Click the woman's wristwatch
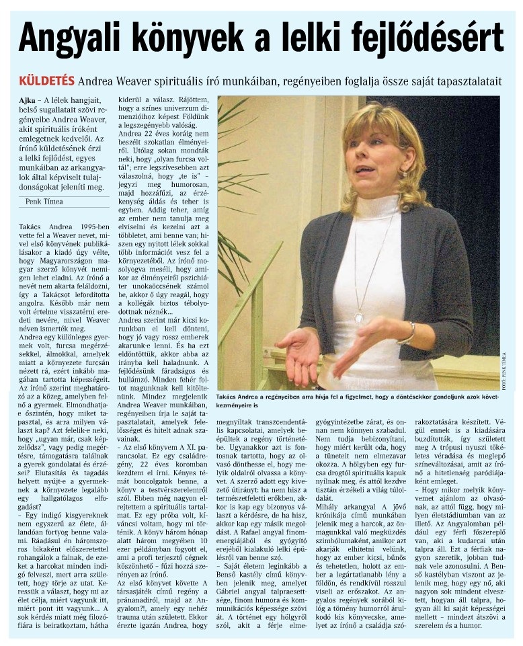[x=408, y=332]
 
